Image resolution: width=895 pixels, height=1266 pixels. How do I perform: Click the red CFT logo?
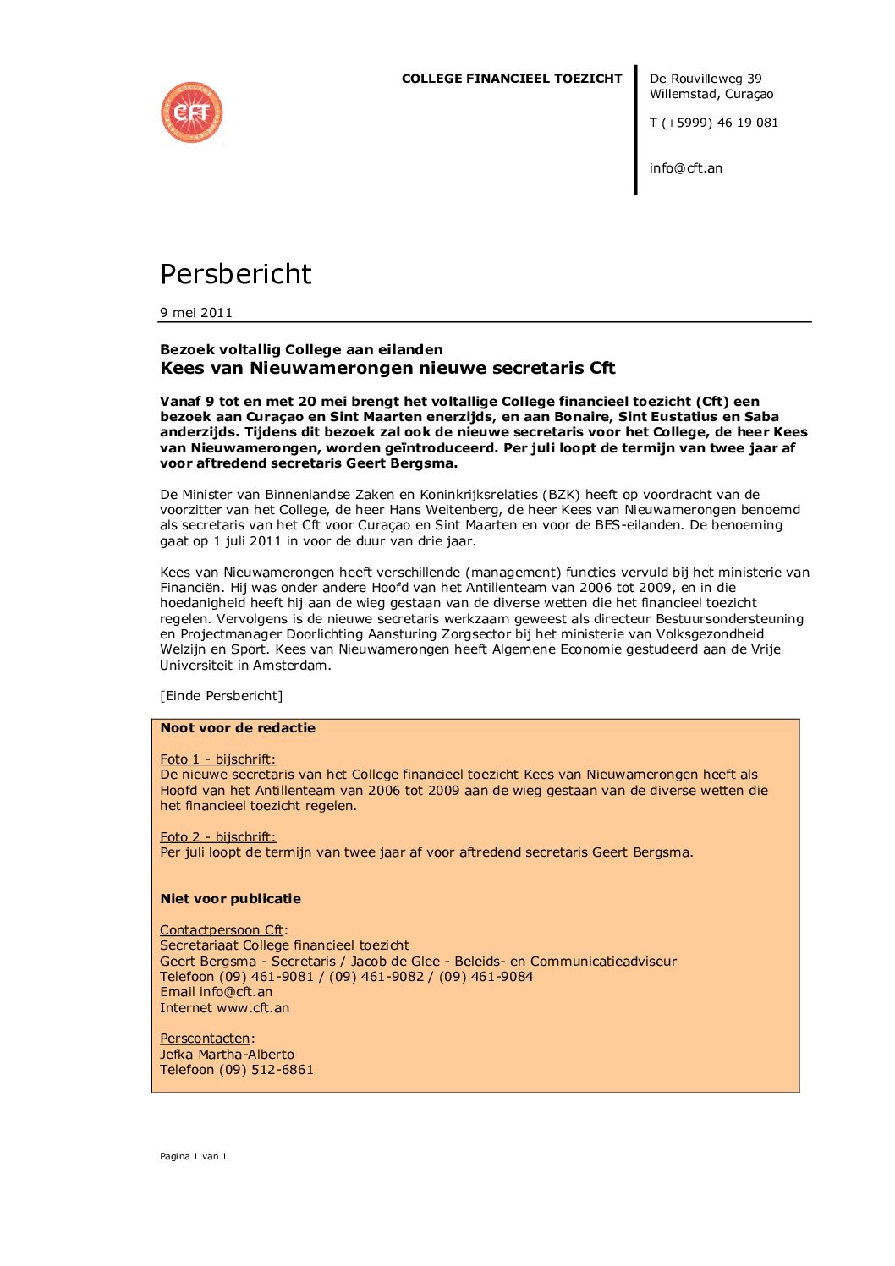point(192,112)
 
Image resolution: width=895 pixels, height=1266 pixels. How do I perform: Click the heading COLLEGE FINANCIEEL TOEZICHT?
point(512,79)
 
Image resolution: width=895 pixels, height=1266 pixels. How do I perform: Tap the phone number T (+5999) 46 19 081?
point(713,123)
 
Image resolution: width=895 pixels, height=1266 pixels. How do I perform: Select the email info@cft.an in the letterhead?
point(685,168)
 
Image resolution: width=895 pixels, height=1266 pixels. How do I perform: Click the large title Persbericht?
point(236,274)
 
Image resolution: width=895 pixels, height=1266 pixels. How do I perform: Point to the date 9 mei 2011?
point(196,313)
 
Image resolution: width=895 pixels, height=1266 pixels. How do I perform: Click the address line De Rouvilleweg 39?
point(705,79)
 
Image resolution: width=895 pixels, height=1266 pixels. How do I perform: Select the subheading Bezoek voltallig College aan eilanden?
point(301,349)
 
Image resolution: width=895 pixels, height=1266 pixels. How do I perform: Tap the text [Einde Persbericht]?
point(222,696)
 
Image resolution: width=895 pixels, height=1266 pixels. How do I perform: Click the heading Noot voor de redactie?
point(238,728)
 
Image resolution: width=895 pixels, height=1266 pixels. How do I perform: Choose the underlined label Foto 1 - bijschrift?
point(218,759)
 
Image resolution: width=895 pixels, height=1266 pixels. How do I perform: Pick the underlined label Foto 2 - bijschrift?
point(218,837)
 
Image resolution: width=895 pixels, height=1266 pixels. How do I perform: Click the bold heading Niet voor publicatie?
point(231,899)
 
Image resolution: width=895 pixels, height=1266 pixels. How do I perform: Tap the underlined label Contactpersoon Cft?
point(222,930)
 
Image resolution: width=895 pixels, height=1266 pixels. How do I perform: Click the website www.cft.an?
point(253,1008)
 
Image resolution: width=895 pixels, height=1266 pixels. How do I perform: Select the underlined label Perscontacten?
point(206,1039)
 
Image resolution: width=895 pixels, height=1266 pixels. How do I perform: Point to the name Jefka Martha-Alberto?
point(228,1055)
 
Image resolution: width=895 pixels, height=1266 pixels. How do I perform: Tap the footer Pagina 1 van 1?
point(194,1156)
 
